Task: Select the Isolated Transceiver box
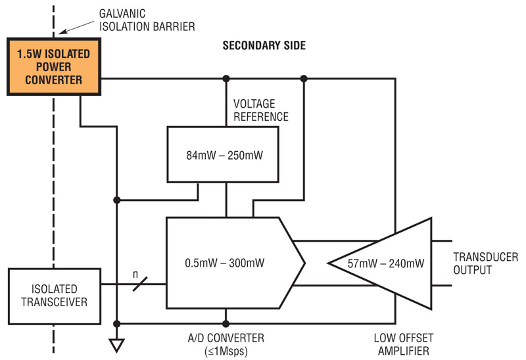[54, 295]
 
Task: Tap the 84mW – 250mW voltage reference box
[222, 154]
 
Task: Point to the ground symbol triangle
[117, 344]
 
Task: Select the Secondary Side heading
[264, 46]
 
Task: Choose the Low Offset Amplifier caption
[403, 345]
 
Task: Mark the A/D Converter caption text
[226, 338]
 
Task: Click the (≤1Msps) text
[226, 351]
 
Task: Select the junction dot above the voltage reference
[226, 79]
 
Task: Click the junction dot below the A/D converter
[226, 323]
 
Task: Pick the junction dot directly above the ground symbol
[117, 323]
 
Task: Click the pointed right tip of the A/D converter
[304, 263]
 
